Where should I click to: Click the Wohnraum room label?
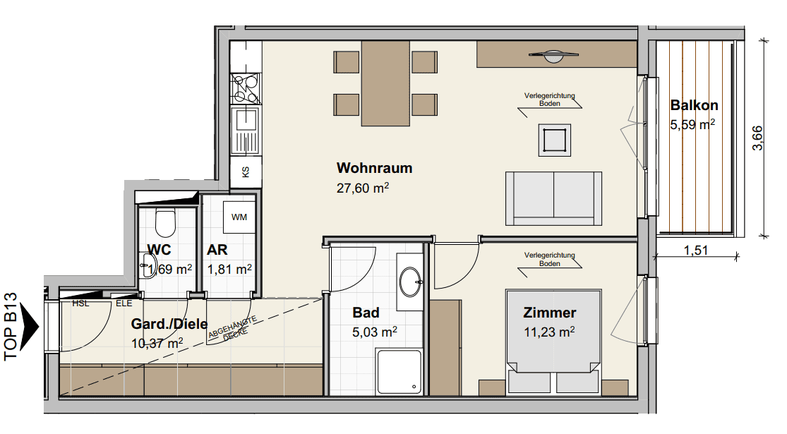pyautogui.click(x=374, y=168)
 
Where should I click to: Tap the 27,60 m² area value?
pyautogui.click(x=362, y=188)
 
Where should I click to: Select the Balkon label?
pyautogui.click(x=694, y=105)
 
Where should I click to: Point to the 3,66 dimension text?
pyautogui.click(x=757, y=138)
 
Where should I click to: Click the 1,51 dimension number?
pyautogui.click(x=696, y=250)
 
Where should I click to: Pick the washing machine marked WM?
pyautogui.click(x=239, y=217)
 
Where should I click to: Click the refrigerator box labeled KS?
pyautogui.click(x=246, y=172)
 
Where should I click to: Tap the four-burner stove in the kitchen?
pyautogui.click(x=246, y=89)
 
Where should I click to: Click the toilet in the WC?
pyautogui.click(x=165, y=223)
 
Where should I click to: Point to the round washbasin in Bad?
pyautogui.click(x=411, y=282)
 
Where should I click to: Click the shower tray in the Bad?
pyautogui.click(x=399, y=372)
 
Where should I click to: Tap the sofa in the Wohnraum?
pyautogui.click(x=553, y=199)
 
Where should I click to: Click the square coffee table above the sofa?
pyautogui.click(x=555, y=140)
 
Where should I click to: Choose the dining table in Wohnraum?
pyautogui.click(x=385, y=83)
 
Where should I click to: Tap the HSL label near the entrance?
pyautogui.click(x=80, y=303)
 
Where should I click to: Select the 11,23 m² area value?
pyautogui.click(x=549, y=332)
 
